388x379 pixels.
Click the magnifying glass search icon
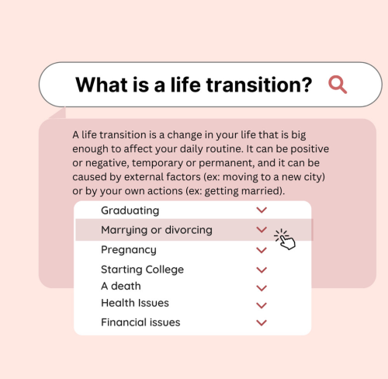click(338, 85)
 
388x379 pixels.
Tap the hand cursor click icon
click(285, 239)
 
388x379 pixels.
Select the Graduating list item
click(130, 210)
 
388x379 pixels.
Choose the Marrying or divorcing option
click(157, 230)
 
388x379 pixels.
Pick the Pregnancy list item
click(129, 250)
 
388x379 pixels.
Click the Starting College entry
click(143, 269)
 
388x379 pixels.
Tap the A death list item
click(121, 286)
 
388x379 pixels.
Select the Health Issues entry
click(135, 303)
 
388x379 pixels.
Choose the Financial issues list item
click(140, 322)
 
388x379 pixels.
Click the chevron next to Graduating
click(262, 210)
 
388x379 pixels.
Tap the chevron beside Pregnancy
click(262, 250)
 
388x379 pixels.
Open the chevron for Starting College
click(262, 270)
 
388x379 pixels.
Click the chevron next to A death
click(262, 288)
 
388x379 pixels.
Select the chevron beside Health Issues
click(262, 305)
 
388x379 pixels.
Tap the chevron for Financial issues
click(262, 323)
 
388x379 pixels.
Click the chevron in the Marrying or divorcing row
click(262, 230)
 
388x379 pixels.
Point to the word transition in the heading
click(255, 85)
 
